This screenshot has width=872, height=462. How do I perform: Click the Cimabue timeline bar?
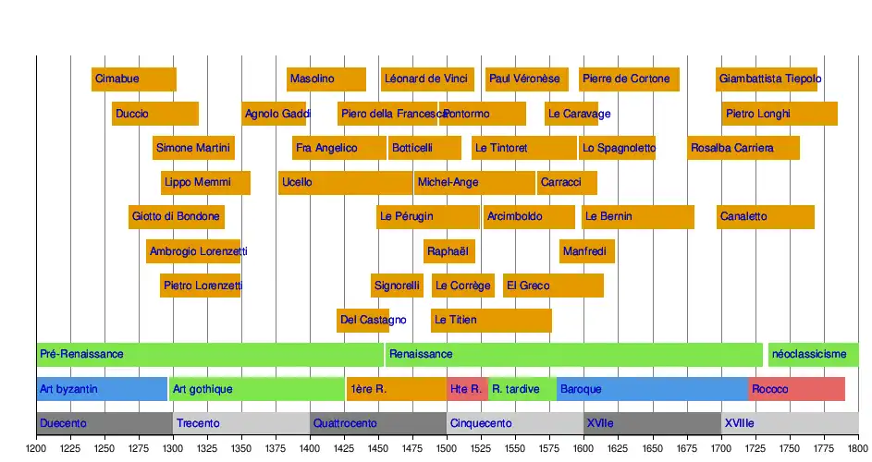click(133, 79)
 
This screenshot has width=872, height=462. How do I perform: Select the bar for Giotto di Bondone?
click(176, 217)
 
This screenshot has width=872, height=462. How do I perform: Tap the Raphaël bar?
click(448, 251)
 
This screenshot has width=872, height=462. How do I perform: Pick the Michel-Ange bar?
click(474, 183)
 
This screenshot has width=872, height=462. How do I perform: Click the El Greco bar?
click(553, 286)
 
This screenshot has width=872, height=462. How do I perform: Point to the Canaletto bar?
click(765, 217)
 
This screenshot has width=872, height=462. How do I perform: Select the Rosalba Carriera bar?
click(743, 148)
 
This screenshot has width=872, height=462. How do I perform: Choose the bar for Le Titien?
click(491, 321)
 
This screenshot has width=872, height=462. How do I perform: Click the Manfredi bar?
click(586, 251)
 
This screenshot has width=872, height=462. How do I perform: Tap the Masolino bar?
click(325, 79)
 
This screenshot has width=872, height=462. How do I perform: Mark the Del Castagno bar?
click(362, 321)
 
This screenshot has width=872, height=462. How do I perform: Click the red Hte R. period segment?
click(466, 389)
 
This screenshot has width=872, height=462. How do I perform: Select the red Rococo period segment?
click(796, 389)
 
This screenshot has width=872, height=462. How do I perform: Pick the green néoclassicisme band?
click(813, 355)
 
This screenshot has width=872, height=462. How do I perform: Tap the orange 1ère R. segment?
click(396, 389)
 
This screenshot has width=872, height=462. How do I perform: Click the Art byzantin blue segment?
click(102, 389)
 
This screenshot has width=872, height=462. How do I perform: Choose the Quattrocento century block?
click(377, 423)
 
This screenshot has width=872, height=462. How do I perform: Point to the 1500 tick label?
click(447, 448)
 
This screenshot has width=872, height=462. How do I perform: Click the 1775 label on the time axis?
click(823, 448)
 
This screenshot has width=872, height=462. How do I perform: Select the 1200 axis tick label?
click(36, 448)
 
